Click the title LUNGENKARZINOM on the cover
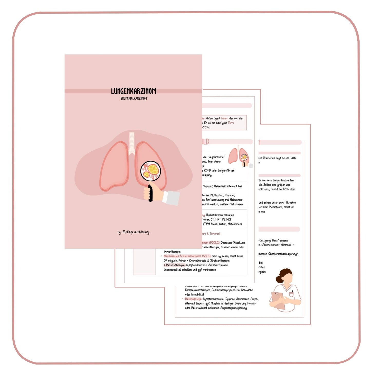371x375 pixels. pyautogui.click(x=134, y=91)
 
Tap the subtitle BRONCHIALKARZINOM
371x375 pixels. pyautogui.click(x=134, y=99)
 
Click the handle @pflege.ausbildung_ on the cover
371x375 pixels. pyautogui.click(x=136, y=232)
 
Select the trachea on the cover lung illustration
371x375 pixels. pyautogui.click(x=132, y=142)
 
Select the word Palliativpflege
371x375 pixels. pyautogui.click(x=193, y=299)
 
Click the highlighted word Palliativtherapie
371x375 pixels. pyautogui.click(x=175, y=265)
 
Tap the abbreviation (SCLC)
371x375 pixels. pyautogui.click(x=206, y=256)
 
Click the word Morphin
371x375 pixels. pyautogui.click(x=215, y=304)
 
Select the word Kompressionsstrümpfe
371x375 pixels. pyautogui.click(x=198, y=290)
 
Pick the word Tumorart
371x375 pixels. pyautogui.click(x=215, y=234)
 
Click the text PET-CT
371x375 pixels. pyautogui.click(x=226, y=220)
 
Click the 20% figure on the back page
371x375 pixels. pyautogui.click(x=293, y=158)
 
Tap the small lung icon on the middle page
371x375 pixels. pyautogui.click(x=239, y=156)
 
